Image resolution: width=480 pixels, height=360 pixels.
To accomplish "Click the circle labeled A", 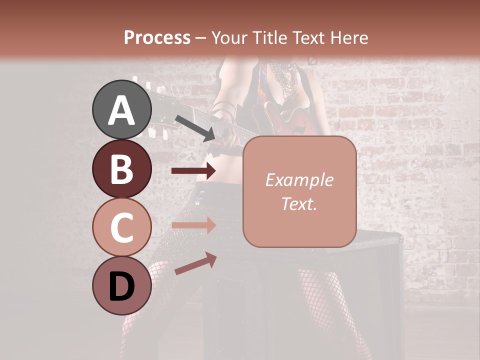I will (122, 110).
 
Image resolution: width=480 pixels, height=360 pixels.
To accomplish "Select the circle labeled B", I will (122, 168).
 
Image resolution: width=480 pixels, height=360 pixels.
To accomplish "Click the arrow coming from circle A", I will (195, 128).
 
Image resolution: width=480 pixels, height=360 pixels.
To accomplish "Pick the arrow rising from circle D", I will (195, 263).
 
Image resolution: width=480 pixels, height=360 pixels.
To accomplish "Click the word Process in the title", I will (157, 37).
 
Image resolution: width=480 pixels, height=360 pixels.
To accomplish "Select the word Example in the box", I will (299, 180).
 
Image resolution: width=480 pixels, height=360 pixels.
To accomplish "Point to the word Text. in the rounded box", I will (299, 203).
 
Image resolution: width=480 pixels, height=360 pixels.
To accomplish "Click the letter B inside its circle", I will (121, 169).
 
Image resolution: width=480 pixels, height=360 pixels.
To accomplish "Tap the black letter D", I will (121, 286).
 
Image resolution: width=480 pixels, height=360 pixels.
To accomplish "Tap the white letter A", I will (122, 110).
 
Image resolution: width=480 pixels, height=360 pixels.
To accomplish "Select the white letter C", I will (121, 227).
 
